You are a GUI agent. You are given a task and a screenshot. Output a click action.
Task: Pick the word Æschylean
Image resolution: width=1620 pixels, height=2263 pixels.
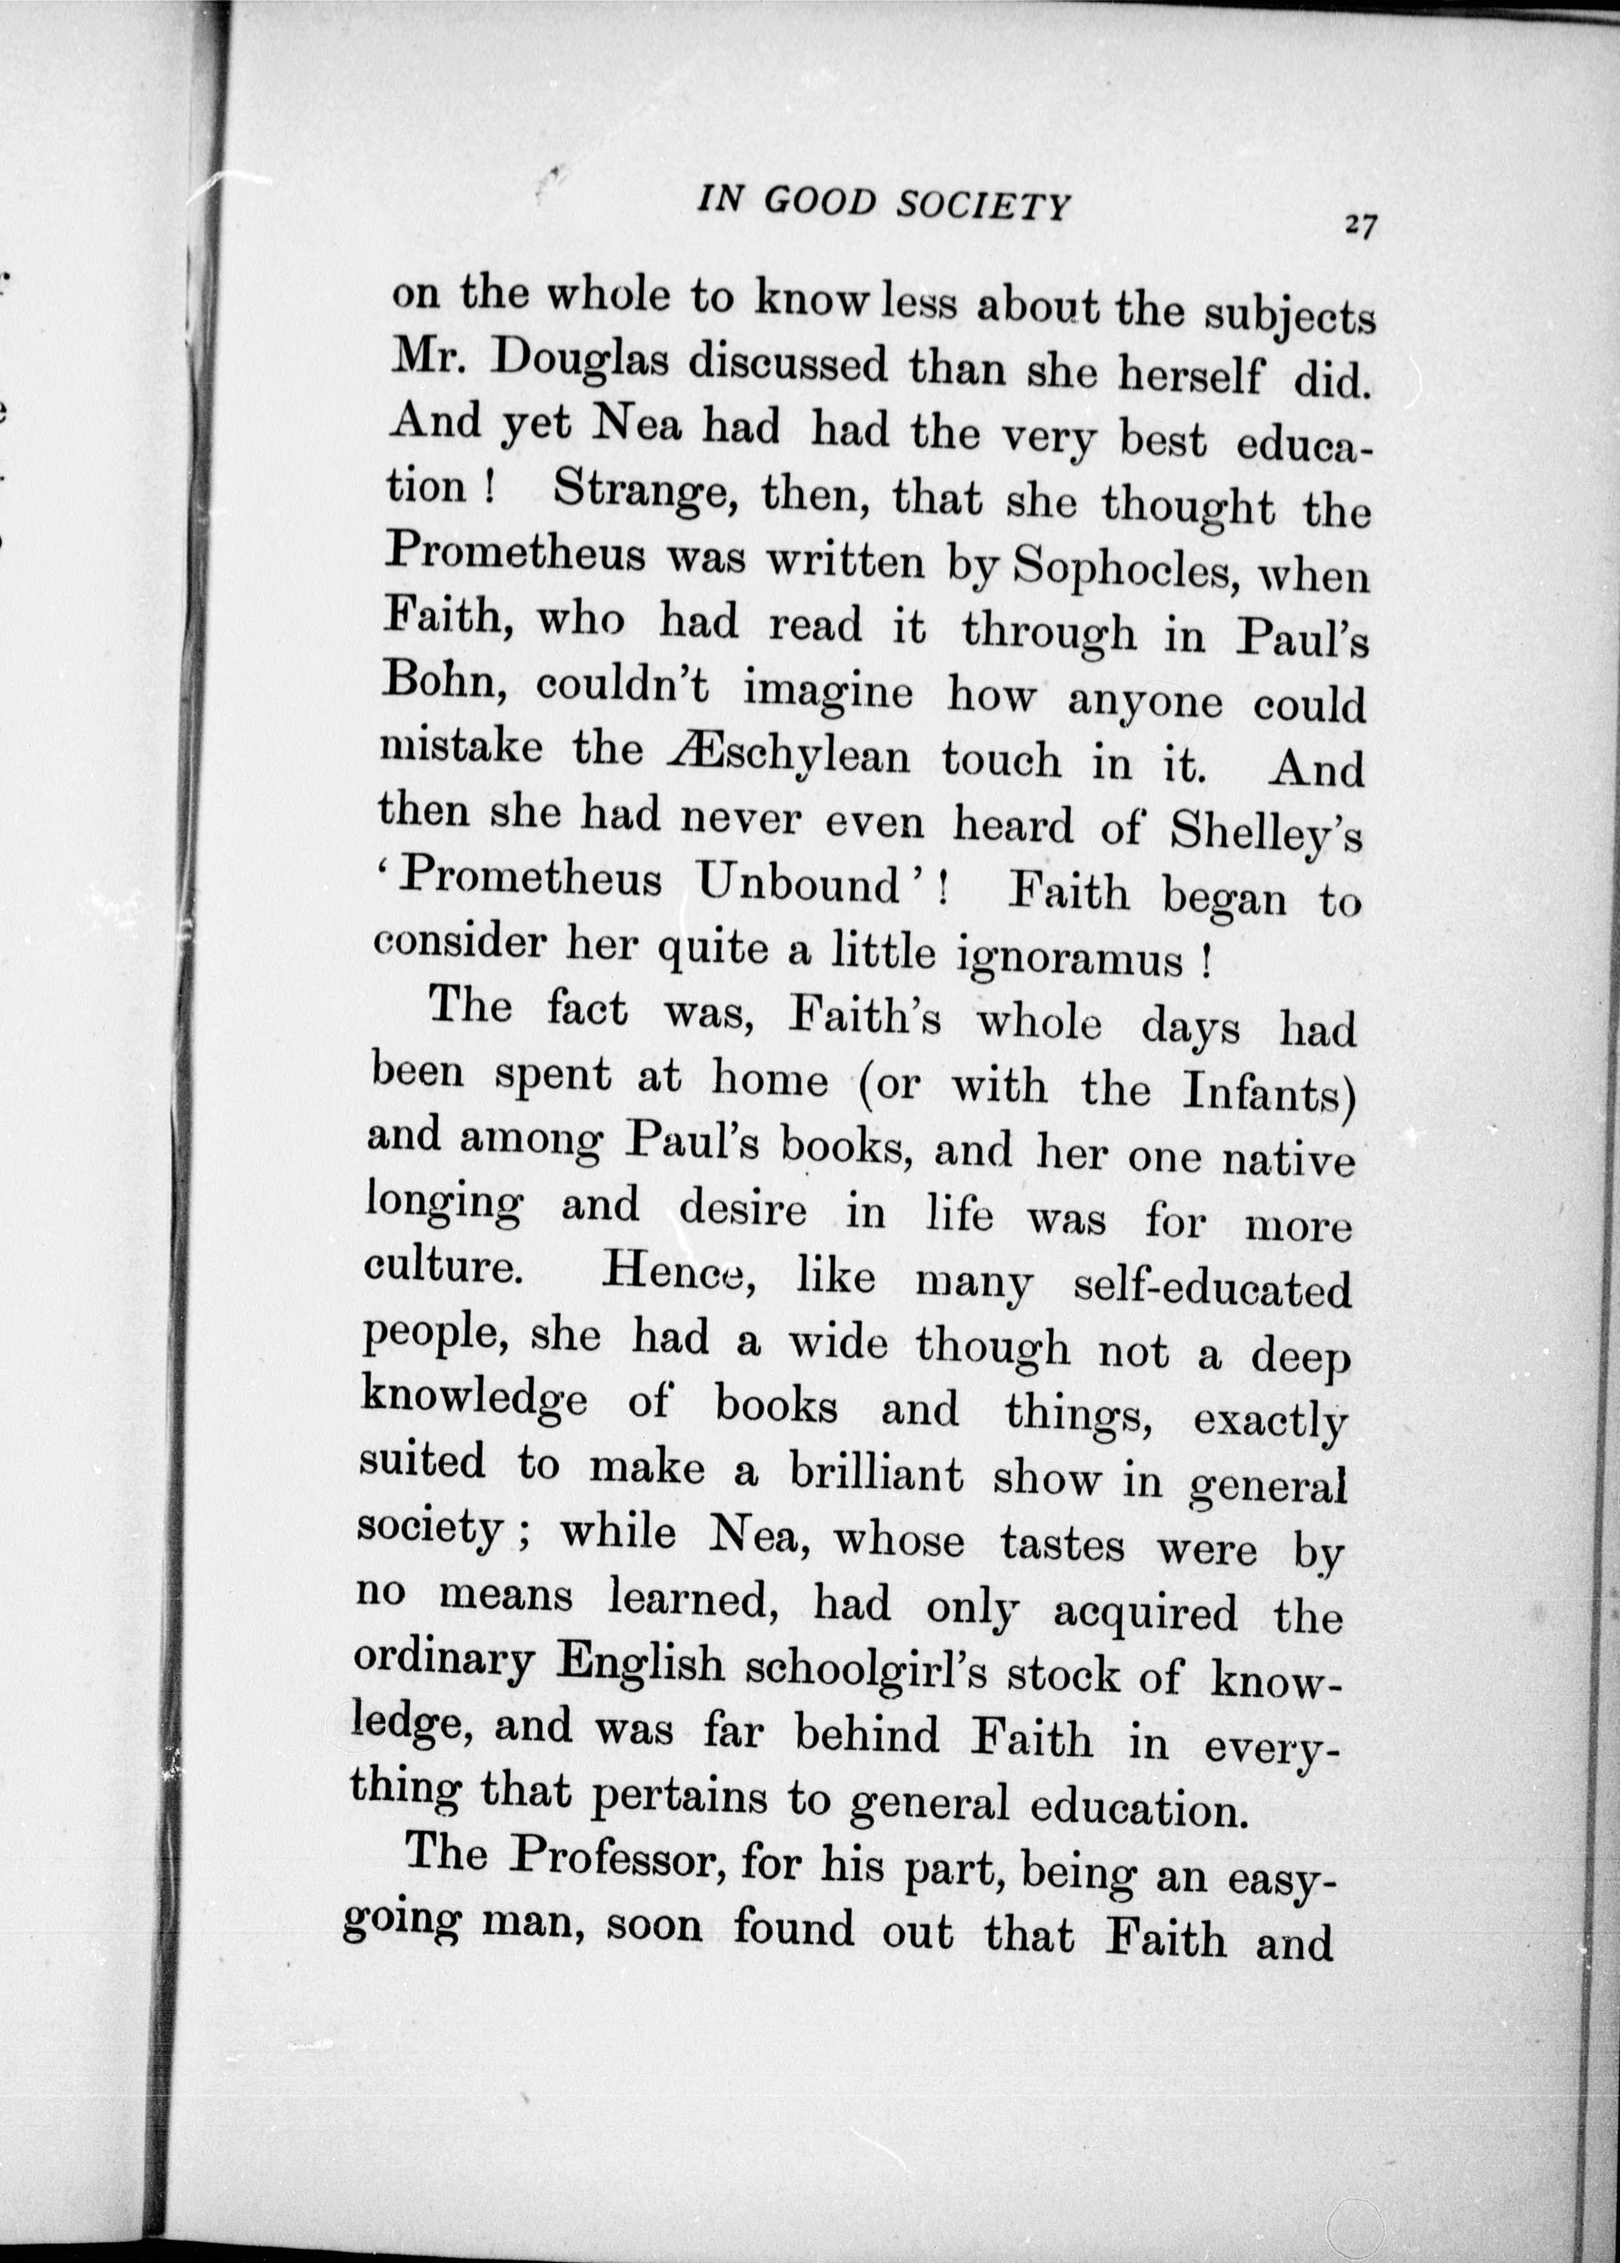coord(787,755)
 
